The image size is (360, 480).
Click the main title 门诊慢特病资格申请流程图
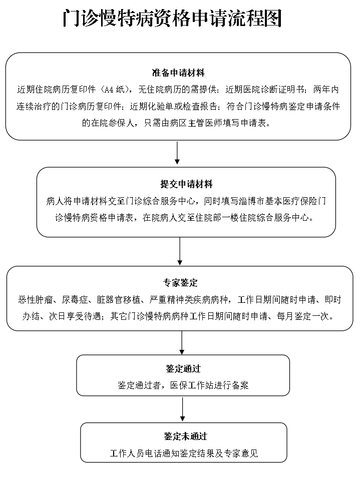(173, 19)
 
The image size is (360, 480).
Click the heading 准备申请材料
(178, 74)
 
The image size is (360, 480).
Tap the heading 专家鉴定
(180, 283)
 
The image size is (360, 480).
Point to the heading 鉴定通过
(183, 369)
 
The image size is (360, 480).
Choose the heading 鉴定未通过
(184, 436)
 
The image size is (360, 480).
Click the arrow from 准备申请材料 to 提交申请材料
(177, 153)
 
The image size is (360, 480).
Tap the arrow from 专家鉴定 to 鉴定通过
(182, 342)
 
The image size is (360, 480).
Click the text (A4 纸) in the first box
(115, 91)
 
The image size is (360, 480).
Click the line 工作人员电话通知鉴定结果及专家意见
(184, 453)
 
